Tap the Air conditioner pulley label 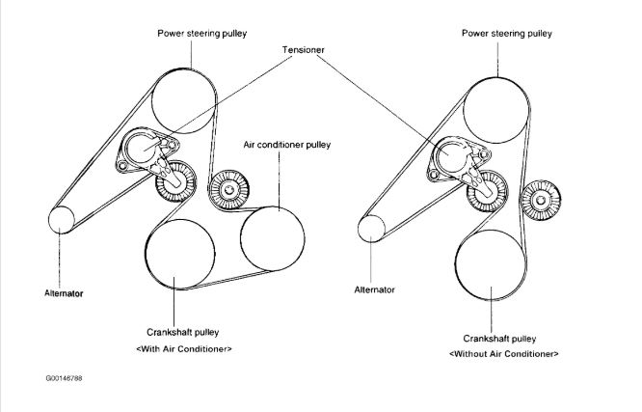click(286, 145)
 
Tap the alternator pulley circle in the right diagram click(372, 229)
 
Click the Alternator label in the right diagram click(374, 288)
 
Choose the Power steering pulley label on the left click(202, 33)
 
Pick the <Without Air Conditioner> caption click(503, 354)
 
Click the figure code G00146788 click(64, 379)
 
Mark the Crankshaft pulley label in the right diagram click(499, 339)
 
